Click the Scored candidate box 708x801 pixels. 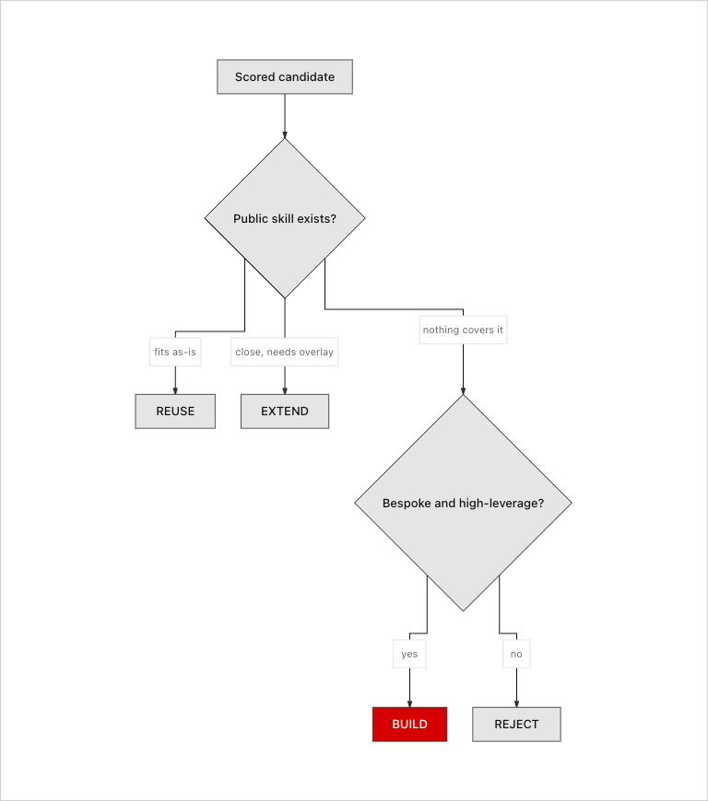click(285, 76)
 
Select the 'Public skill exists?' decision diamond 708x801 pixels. click(285, 218)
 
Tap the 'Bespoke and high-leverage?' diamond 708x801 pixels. click(463, 503)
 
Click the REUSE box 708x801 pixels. click(175, 412)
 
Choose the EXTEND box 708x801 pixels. click(285, 412)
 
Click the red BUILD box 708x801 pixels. click(409, 725)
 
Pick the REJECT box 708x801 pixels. click(516, 725)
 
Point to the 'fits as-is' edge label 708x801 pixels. click(175, 352)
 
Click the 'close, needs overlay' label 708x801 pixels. click(285, 352)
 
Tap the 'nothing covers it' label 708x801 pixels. click(463, 330)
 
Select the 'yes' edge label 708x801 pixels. click(409, 654)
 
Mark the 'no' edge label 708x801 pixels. click(516, 654)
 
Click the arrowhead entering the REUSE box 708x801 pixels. click(175, 390)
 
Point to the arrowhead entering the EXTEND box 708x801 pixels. click(285, 390)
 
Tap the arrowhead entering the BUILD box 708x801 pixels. click(409, 704)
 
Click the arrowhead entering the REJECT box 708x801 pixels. click(516, 704)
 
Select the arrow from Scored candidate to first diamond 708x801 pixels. click(285, 116)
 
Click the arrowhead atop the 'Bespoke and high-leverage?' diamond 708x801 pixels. click(463, 391)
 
